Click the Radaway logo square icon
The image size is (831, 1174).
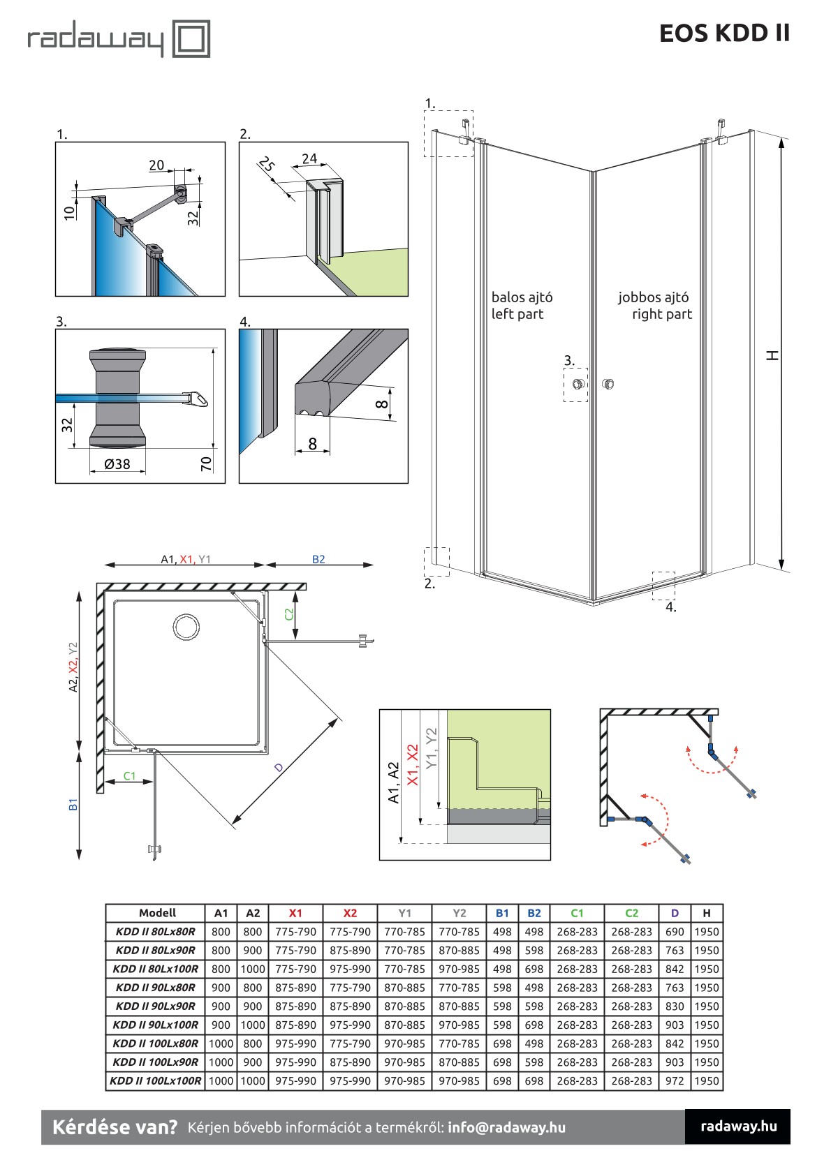click(x=191, y=38)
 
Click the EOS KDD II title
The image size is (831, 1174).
click(x=724, y=33)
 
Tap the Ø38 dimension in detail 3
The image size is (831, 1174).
click(x=117, y=464)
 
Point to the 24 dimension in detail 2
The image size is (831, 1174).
click(x=309, y=159)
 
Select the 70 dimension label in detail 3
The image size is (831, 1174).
click(x=206, y=463)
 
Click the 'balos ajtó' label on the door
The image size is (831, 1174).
click(x=522, y=297)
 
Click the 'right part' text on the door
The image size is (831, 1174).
click(x=661, y=314)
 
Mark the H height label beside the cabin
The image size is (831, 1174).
click(x=772, y=355)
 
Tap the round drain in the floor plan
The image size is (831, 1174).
click(x=186, y=627)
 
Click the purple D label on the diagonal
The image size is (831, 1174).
click(x=279, y=767)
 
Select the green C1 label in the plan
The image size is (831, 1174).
click(x=129, y=775)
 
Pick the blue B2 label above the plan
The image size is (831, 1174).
click(x=318, y=559)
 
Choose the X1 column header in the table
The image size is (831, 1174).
click(x=295, y=913)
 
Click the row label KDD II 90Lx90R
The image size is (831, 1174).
click(x=156, y=1006)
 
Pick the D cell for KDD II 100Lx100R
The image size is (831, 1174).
click(x=674, y=1081)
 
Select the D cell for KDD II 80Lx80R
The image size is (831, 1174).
click(x=674, y=932)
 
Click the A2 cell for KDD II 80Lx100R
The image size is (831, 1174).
click(x=253, y=969)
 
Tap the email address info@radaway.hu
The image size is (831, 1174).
click(x=506, y=1127)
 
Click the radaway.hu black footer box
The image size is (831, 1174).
click(x=737, y=1126)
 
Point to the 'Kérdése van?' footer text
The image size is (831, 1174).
click(x=115, y=1127)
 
